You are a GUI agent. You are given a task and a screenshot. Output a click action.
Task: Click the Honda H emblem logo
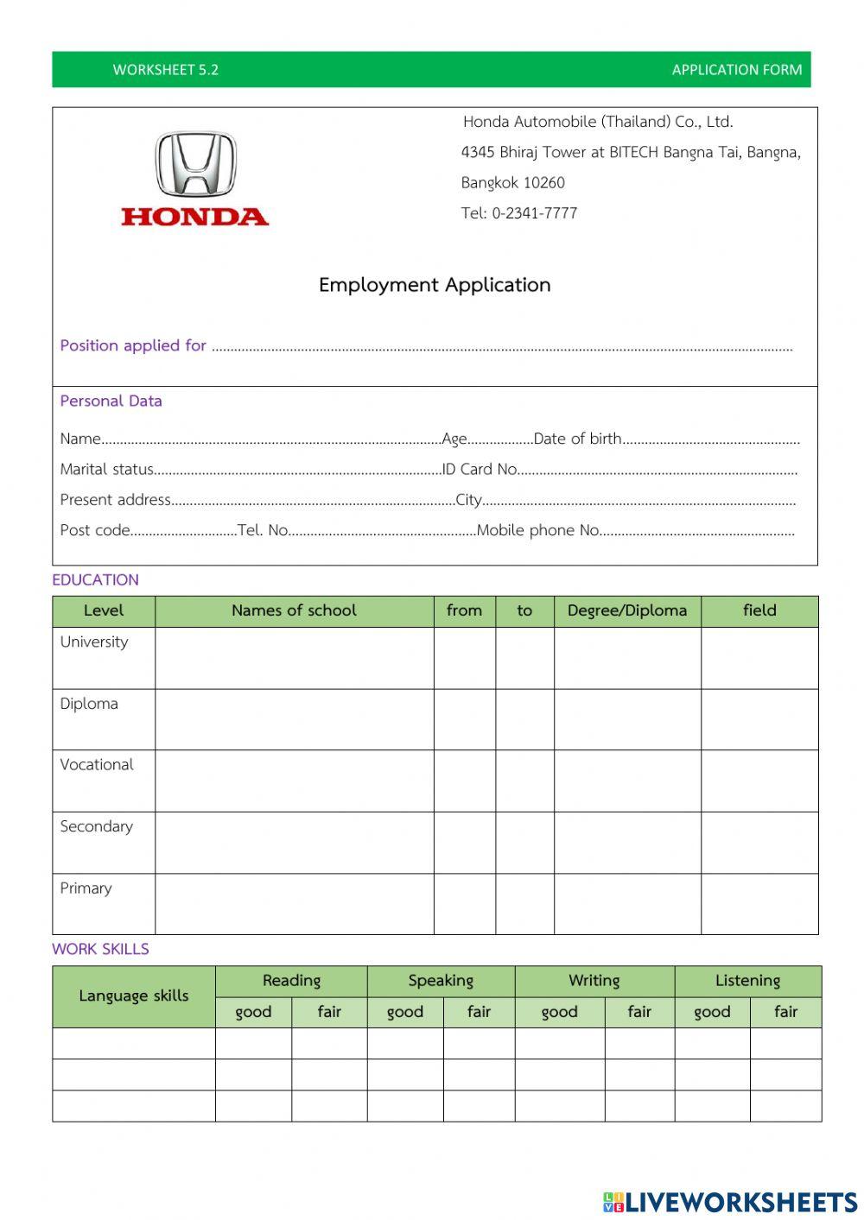(195, 164)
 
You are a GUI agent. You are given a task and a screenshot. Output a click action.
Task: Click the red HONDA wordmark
(194, 216)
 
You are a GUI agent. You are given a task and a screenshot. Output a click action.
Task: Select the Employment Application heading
(435, 285)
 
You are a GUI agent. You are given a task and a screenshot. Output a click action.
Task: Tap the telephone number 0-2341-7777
(535, 213)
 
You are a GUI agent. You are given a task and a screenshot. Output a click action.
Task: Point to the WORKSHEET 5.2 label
(165, 70)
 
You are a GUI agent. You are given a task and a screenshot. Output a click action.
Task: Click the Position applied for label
(133, 345)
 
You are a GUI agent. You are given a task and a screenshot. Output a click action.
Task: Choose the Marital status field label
(106, 469)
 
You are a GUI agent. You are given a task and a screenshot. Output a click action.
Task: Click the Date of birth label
(577, 439)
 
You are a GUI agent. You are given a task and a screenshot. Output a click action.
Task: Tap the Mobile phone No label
(537, 530)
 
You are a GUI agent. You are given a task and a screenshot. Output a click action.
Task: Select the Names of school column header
(294, 610)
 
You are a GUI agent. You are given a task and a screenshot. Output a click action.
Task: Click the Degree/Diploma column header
(627, 610)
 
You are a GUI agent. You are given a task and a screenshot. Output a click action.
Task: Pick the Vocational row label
(97, 765)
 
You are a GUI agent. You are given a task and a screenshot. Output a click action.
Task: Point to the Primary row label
(86, 888)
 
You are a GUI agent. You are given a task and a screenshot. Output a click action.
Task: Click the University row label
(93, 642)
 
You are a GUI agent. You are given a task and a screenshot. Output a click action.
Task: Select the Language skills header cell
(133, 996)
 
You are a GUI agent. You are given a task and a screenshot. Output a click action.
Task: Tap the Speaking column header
(441, 981)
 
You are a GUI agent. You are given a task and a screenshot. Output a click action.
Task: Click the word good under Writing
(559, 1012)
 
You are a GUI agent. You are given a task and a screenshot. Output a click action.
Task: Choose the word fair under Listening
(785, 1012)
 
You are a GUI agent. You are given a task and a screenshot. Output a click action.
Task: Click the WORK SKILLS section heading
(100, 949)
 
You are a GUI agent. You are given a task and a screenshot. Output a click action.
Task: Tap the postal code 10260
(544, 183)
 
